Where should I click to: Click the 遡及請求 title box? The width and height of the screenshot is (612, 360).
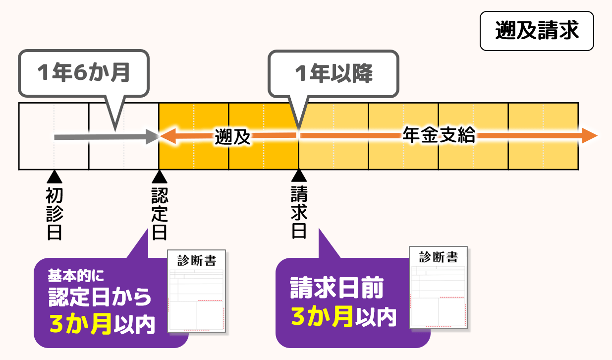coord(537,31)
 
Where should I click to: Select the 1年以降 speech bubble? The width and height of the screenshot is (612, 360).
coord(333,73)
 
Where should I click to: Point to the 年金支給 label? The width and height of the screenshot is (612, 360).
coord(439,135)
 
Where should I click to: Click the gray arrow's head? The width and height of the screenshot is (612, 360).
coord(152,136)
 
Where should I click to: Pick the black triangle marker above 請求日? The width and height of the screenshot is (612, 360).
coord(298,176)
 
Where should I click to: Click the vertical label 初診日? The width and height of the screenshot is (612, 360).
coord(54,214)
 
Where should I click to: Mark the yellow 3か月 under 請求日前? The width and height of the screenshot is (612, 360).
coord(322,316)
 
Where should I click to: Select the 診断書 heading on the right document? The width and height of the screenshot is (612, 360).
coord(438,257)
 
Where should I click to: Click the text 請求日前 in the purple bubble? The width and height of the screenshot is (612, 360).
coord(337,289)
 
